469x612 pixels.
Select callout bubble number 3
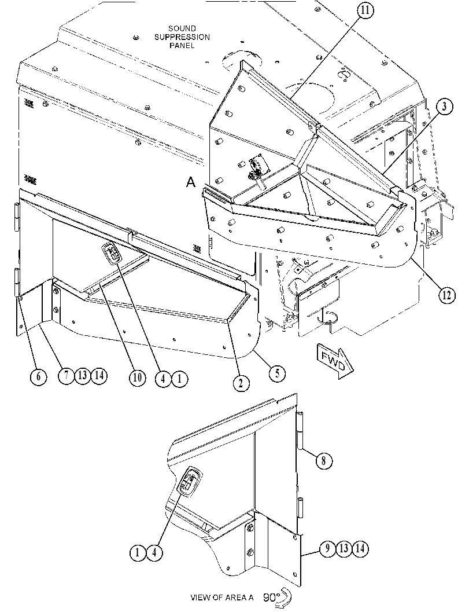(445, 107)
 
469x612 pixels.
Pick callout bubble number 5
(277, 373)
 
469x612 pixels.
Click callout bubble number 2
(241, 383)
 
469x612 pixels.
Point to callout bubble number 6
(38, 377)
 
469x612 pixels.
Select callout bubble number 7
(67, 375)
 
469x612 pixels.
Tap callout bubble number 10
(137, 378)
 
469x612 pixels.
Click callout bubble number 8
(324, 461)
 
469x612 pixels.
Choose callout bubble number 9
(327, 548)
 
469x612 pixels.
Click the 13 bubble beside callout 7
(82, 375)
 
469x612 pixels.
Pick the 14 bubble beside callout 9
(360, 548)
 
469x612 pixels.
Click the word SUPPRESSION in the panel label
(182, 37)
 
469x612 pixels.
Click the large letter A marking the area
(191, 182)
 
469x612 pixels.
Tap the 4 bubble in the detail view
(154, 553)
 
